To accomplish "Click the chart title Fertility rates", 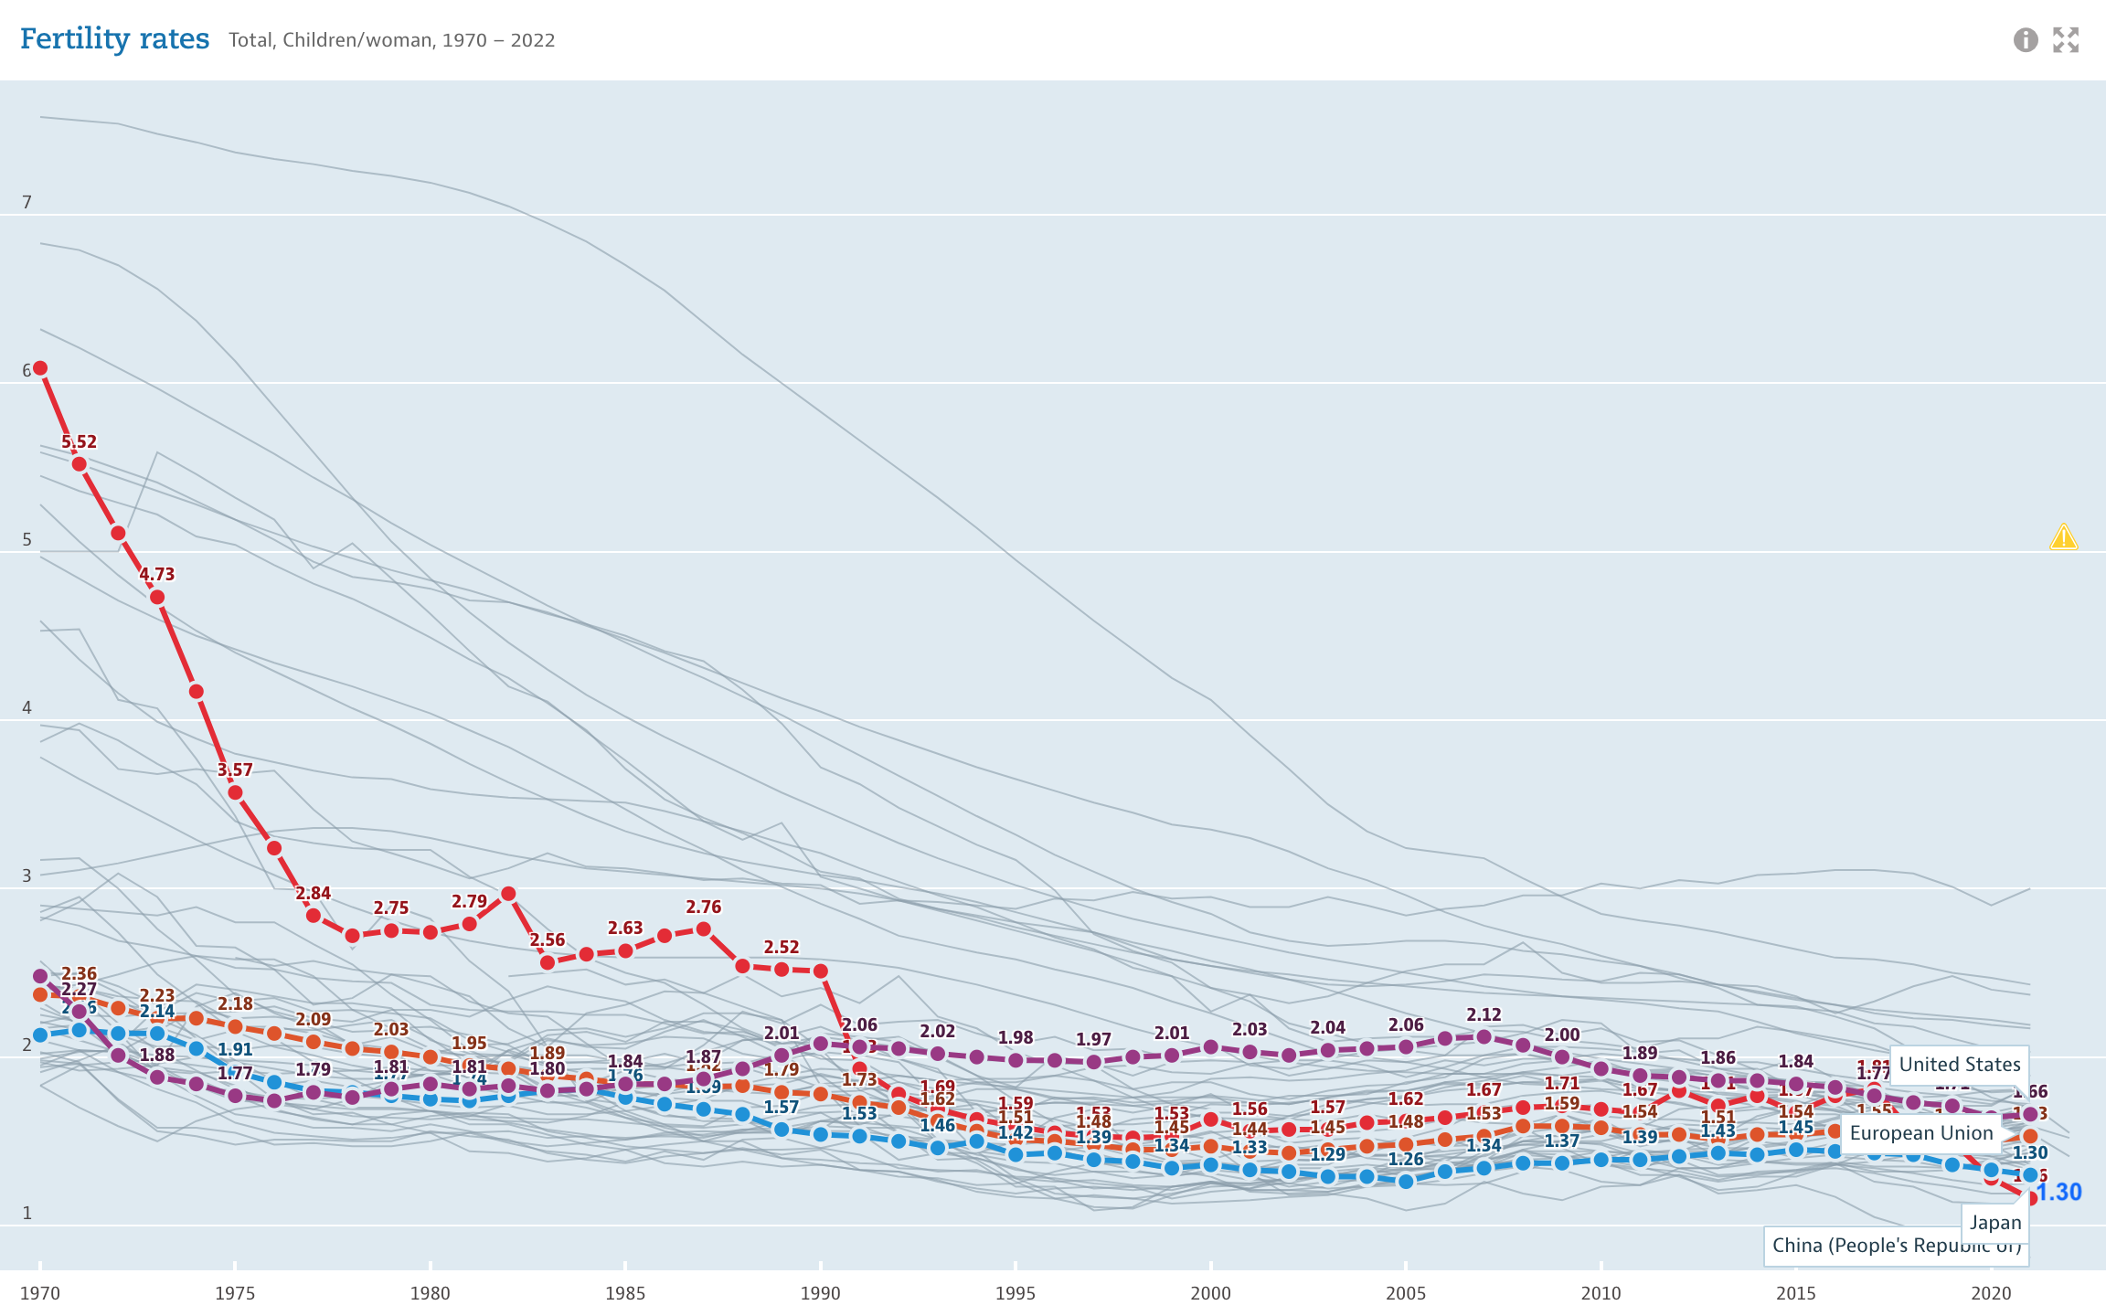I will coord(114,39).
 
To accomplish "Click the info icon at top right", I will coord(2026,40).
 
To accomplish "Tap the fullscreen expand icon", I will coord(2066,40).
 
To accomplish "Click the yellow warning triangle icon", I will coord(2063,536).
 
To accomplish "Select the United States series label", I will coord(1959,1065).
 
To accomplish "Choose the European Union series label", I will coord(1920,1133).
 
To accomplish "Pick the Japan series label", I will coord(1994,1223).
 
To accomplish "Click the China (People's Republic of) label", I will coord(1896,1246).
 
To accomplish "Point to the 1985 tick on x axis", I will coord(625,1293).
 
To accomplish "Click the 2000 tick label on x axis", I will coord(1210,1293).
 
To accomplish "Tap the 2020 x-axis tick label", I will coord(1991,1293).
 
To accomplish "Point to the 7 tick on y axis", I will coord(27,202).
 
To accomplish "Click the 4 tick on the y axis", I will coord(27,707).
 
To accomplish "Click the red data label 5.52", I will coord(80,442).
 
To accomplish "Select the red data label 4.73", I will coord(157,575).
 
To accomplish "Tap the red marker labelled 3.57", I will coord(235,792).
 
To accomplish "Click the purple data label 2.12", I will coord(1484,1014).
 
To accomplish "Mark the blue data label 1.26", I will coord(1406,1160).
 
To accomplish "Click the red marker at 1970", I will coord(40,368).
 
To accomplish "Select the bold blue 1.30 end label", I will coord(2059,1193).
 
